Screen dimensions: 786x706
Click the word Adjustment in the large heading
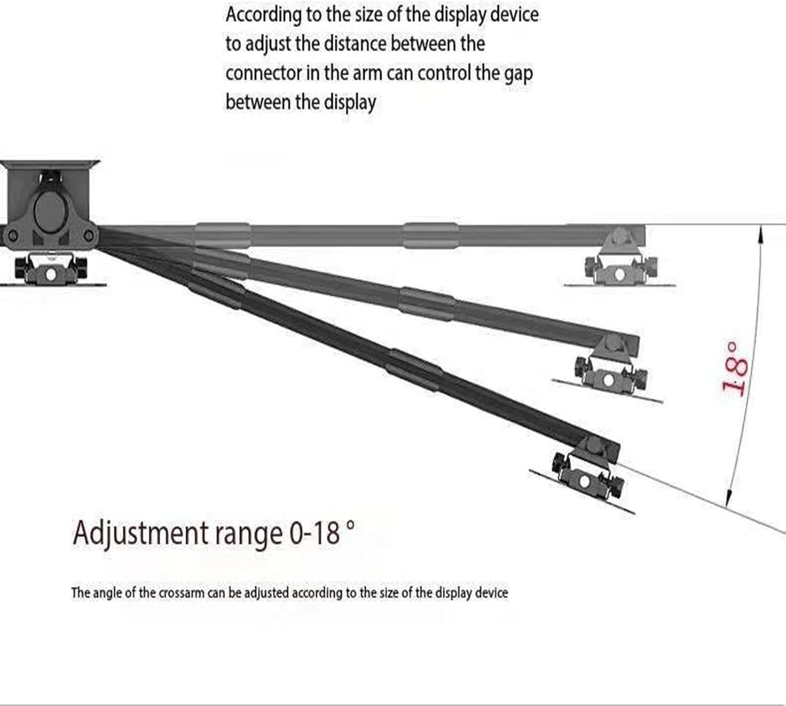[140, 534]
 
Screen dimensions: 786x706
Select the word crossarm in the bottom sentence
[181, 593]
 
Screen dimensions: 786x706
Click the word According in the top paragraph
[263, 15]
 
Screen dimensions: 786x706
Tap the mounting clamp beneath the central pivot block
[51, 270]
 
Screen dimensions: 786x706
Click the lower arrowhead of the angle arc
[728, 501]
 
